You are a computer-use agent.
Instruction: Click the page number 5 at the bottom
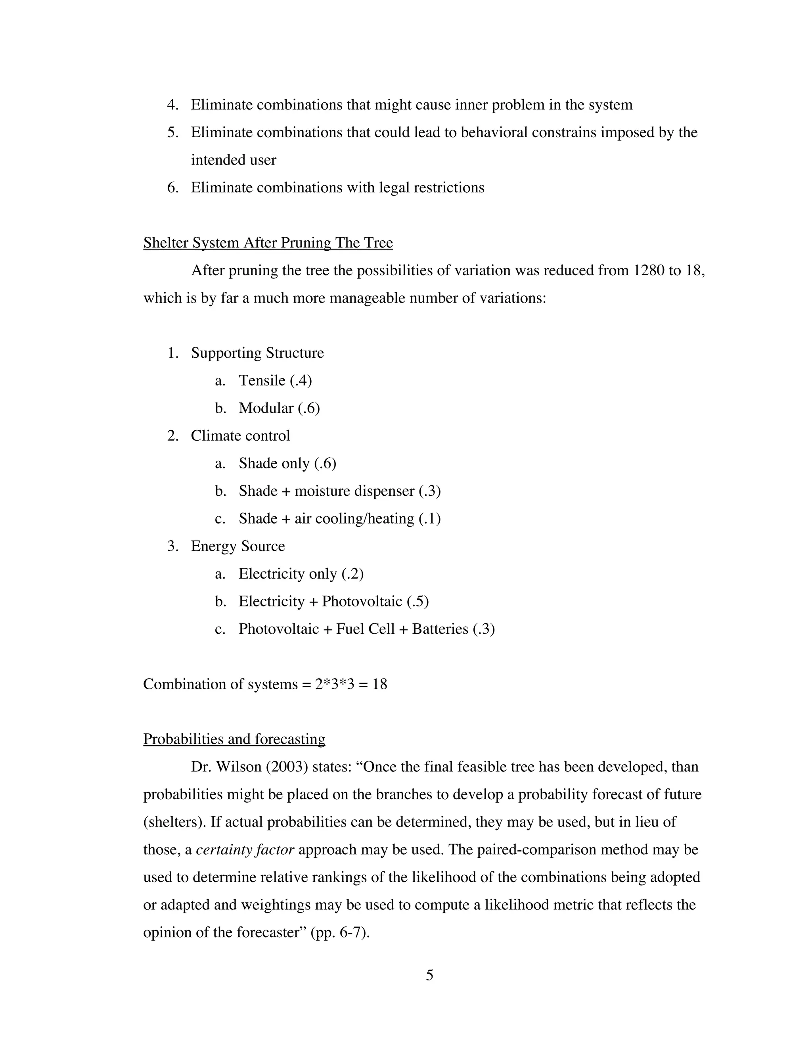point(429,975)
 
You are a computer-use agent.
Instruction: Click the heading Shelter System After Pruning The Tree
point(268,243)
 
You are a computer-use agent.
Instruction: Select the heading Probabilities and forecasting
point(234,739)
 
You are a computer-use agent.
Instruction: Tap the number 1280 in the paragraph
point(648,270)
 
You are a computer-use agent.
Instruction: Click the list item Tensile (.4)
point(275,381)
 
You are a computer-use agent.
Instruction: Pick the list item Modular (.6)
point(279,408)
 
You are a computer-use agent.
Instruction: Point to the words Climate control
point(241,435)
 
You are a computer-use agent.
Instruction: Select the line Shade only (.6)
point(287,463)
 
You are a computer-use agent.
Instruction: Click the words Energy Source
point(237,546)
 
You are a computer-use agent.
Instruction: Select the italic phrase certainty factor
point(245,850)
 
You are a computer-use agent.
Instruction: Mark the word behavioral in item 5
point(494,132)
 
